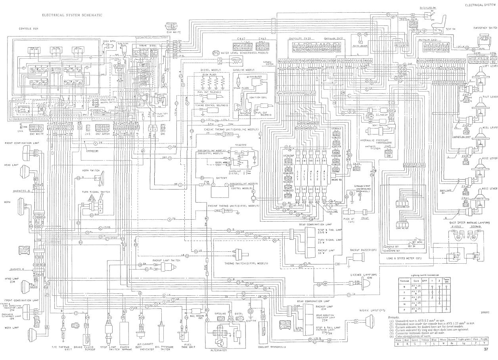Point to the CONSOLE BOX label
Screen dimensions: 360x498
(x=28, y=29)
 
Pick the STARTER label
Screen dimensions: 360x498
(x=241, y=145)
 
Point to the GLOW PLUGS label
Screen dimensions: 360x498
(x=209, y=74)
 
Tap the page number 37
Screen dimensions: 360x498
(x=486, y=350)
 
